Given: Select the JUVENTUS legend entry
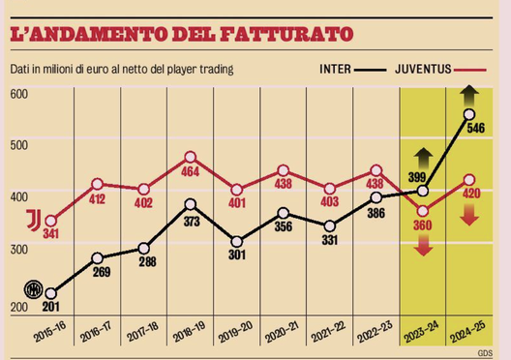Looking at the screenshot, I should (x=427, y=70).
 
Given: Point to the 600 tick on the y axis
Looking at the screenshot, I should (x=18, y=94).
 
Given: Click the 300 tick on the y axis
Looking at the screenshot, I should (x=18, y=249).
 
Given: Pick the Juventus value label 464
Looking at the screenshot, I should (x=190, y=172).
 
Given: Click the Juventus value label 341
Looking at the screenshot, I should (x=49, y=235).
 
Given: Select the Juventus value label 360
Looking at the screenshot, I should (x=421, y=225).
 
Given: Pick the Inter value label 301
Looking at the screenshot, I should (x=236, y=256).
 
